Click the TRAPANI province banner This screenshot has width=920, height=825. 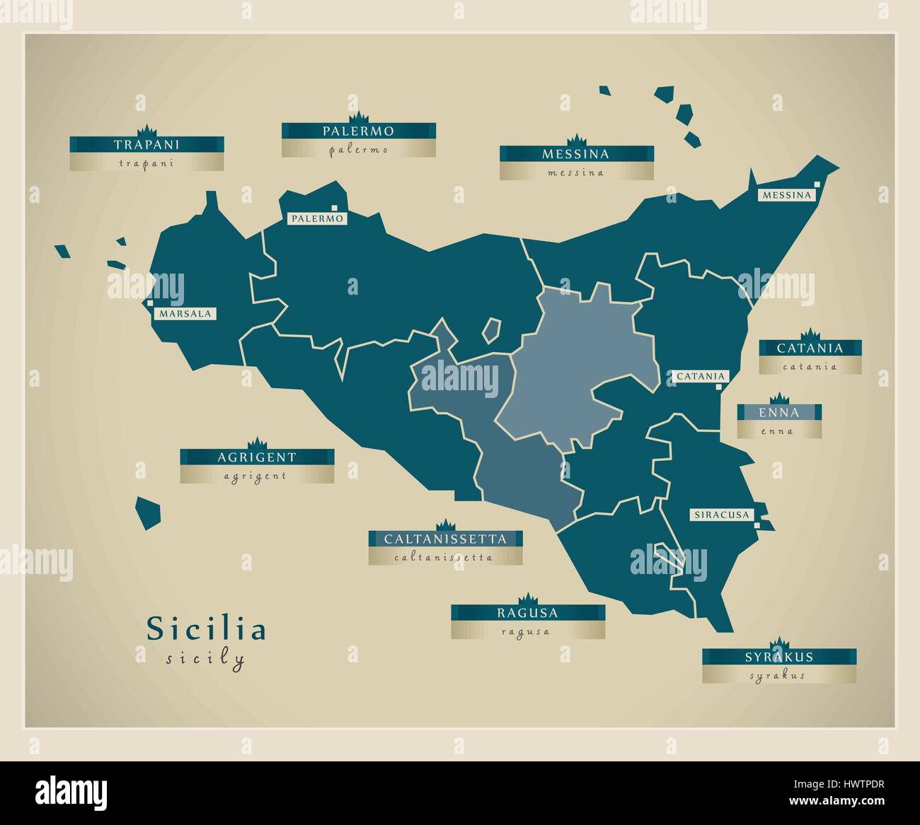(x=146, y=145)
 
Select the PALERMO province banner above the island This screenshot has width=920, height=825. (x=358, y=131)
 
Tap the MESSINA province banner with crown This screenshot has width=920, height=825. (x=575, y=154)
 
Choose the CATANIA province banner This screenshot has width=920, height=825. (x=810, y=349)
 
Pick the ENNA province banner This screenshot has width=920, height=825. (x=778, y=413)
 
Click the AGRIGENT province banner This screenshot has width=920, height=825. (x=256, y=457)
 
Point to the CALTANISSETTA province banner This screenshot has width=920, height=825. (x=445, y=539)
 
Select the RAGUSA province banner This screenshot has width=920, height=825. (x=527, y=613)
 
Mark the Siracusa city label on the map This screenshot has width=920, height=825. (x=720, y=515)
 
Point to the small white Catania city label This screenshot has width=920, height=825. (x=701, y=377)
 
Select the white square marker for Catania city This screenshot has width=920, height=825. (x=719, y=387)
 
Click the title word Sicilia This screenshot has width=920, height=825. (x=206, y=629)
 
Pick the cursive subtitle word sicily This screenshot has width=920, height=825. (x=205, y=660)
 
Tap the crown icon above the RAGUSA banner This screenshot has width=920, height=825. (x=527, y=599)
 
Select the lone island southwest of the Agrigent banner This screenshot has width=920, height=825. (x=147, y=512)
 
